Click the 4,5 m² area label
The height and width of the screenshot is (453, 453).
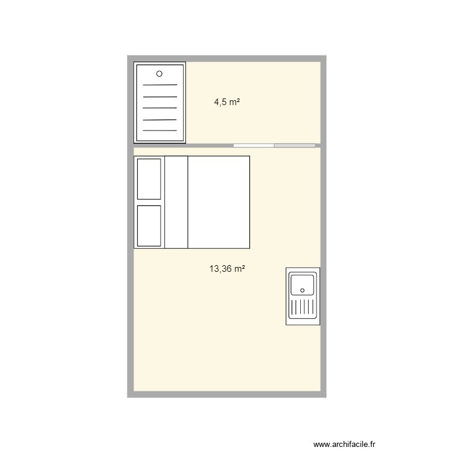click(227, 103)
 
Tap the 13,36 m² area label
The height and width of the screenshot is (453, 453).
click(227, 269)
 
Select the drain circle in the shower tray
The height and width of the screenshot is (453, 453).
click(159, 74)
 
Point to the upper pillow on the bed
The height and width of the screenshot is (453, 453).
click(149, 179)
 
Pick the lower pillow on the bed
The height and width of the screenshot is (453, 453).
click(149, 225)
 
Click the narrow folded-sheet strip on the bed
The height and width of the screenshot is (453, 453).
click(176, 202)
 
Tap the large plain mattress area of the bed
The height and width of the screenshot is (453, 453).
click(219, 202)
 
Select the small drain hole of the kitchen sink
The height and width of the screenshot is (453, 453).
click(303, 291)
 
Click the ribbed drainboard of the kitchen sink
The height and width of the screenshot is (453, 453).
click(303, 309)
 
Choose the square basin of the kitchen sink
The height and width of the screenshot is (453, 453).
click(303, 284)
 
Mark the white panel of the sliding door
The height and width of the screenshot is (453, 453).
click(254, 145)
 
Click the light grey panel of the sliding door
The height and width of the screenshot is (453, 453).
click(295, 145)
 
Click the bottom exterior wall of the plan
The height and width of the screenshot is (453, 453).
click(227, 394)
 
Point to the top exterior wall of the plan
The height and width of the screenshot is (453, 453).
click(227, 59)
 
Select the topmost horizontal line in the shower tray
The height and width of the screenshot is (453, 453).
click(159, 85)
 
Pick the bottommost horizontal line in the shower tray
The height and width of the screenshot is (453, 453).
click(159, 131)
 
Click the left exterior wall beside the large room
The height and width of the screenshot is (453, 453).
click(130, 272)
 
